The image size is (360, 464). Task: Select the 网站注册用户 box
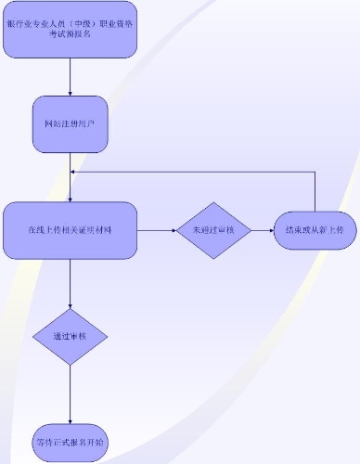(70, 123)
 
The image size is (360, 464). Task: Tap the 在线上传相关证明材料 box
(70, 229)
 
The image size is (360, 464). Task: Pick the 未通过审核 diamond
(214, 229)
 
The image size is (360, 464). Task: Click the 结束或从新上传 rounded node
(315, 229)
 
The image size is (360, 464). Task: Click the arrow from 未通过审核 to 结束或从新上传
(263, 229)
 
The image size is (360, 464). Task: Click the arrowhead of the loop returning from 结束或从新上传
(74, 174)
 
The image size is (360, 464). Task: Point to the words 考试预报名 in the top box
(70, 34)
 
